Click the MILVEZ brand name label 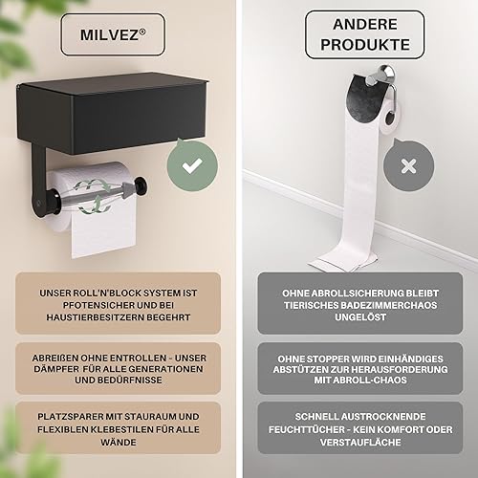pyautogui.click(x=112, y=34)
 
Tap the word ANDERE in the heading pyautogui.click(x=365, y=25)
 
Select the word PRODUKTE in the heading pyautogui.click(x=365, y=45)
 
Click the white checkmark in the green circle pyautogui.click(x=192, y=165)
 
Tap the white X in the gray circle pyautogui.click(x=409, y=166)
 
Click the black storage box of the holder pyautogui.click(x=112, y=113)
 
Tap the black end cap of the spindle pyautogui.click(x=141, y=185)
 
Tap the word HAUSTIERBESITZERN pyautogui.click(x=93, y=317)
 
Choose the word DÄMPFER pyautogui.click(x=56, y=369)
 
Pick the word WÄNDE pyautogui.click(x=119, y=443)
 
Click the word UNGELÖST pyautogui.click(x=360, y=317)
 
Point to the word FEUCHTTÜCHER pyautogui.click(x=305, y=429)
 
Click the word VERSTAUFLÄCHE pyautogui.click(x=360, y=443)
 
